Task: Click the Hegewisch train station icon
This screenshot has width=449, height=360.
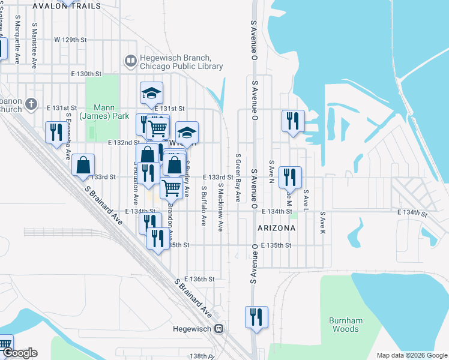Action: pos(220,329)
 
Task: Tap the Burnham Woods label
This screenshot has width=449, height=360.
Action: pos(346,325)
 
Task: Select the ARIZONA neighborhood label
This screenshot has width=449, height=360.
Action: pos(276,229)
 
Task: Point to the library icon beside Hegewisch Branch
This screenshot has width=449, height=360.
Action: pos(130,60)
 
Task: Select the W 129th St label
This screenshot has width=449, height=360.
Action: pos(71,40)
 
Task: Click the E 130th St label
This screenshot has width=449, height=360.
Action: pos(86,74)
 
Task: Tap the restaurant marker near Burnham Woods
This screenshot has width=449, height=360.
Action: pos(257,317)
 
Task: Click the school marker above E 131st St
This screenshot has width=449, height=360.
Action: pos(152,93)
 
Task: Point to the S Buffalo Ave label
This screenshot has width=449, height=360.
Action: pos(203,208)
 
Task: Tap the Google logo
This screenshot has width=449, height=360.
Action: pos(19,353)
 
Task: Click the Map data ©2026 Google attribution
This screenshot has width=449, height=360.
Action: pos(411,355)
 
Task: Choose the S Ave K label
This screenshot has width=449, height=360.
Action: pos(322,222)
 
